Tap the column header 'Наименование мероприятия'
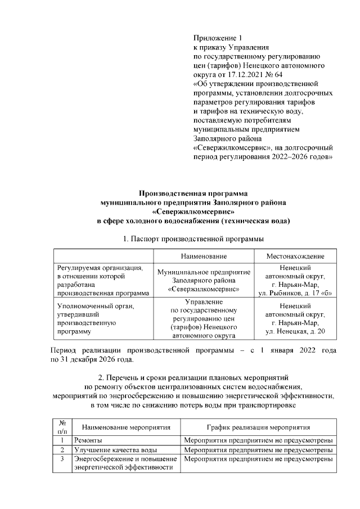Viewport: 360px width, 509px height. (122, 427)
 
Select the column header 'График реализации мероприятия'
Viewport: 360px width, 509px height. (258, 427)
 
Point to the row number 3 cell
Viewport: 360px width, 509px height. (63, 460)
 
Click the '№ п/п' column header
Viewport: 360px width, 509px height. (63, 427)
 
